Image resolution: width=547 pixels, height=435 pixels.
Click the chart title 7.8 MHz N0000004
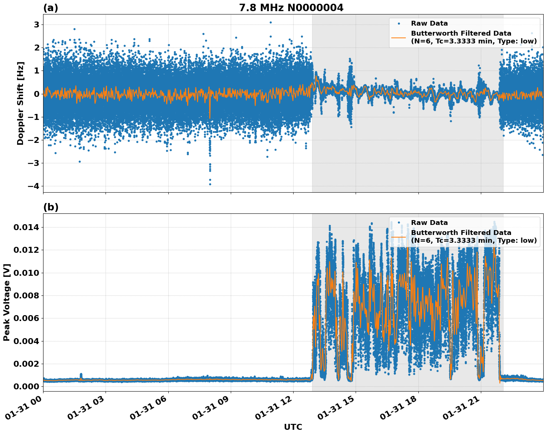(x=291, y=8)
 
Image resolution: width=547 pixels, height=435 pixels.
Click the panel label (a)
(x=51, y=8)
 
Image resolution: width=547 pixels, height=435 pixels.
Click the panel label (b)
(x=51, y=207)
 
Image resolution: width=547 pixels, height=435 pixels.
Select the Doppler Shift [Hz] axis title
(x=20, y=103)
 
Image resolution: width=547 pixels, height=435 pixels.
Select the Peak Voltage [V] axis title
(x=7, y=302)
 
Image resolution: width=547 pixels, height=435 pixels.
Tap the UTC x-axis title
(x=293, y=427)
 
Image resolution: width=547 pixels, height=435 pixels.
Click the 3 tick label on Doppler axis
(x=37, y=24)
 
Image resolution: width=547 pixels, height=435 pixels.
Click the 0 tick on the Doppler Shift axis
(x=37, y=94)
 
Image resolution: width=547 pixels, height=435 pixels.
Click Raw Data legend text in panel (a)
(x=429, y=23)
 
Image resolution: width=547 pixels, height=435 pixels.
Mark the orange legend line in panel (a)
(x=399, y=37)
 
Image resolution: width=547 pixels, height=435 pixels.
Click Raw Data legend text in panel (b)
(x=429, y=223)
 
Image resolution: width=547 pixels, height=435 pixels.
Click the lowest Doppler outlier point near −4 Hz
(x=210, y=184)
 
